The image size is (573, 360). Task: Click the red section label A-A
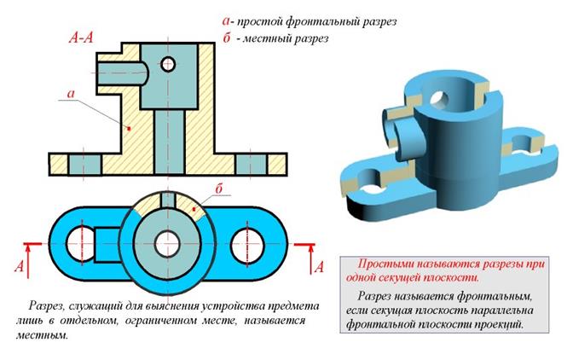coord(84,39)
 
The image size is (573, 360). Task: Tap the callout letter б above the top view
coord(219,187)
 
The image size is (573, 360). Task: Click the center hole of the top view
coord(168,237)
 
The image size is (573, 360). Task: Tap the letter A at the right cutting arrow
coord(320,267)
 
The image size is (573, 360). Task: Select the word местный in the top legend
coord(273,38)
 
